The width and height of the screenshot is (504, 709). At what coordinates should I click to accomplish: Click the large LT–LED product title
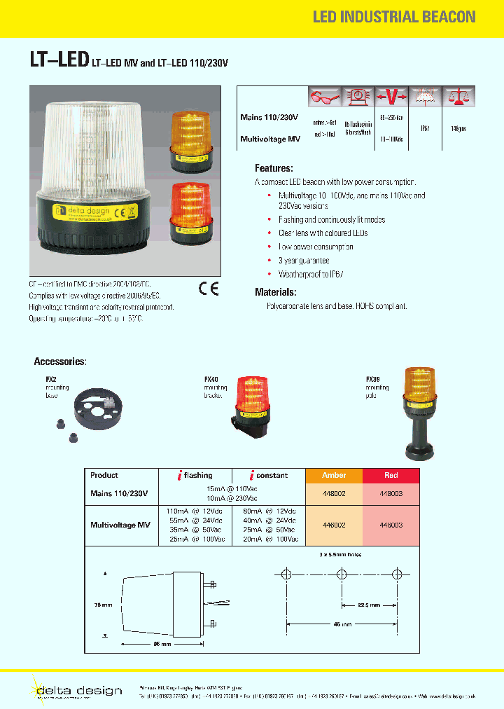[59, 61]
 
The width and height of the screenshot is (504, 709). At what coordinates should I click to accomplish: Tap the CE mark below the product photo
[209, 289]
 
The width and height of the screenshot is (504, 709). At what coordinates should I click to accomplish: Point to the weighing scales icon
[458, 96]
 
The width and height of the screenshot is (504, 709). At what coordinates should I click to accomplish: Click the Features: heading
[274, 168]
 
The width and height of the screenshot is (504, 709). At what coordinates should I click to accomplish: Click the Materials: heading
[275, 291]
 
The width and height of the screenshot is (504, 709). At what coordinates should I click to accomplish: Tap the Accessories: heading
[60, 362]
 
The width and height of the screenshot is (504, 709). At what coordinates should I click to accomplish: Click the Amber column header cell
[334, 475]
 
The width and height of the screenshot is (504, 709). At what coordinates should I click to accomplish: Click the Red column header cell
[391, 475]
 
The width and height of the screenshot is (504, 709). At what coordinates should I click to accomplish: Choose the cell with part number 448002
[334, 493]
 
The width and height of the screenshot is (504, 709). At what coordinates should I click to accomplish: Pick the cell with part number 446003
[391, 524]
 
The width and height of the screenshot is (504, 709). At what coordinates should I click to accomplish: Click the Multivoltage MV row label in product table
[120, 525]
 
